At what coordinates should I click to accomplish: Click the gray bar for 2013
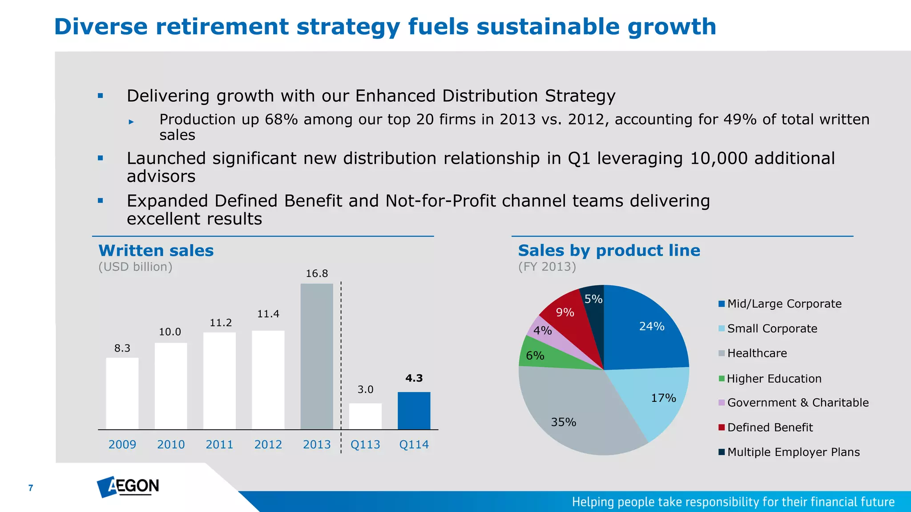[x=317, y=356]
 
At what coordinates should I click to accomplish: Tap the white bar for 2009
[x=122, y=393]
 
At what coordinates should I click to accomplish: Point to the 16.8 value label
[x=317, y=274]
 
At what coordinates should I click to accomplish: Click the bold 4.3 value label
[x=414, y=378]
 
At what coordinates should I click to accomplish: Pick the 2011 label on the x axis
[x=219, y=444]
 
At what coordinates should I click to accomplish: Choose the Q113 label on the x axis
[x=365, y=444]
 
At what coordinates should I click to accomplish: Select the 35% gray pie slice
[x=574, y=413]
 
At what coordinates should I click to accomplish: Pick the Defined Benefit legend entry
[x=770, y=428]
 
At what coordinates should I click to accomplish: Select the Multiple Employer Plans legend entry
[x=793, y=452]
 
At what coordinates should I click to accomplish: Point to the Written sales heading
[x=156, y=251]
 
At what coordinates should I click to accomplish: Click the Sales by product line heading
[x=609, y=251]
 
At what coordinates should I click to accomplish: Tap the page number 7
[x=31, y=488]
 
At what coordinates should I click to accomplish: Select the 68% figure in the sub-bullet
[x=281, y=120]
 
